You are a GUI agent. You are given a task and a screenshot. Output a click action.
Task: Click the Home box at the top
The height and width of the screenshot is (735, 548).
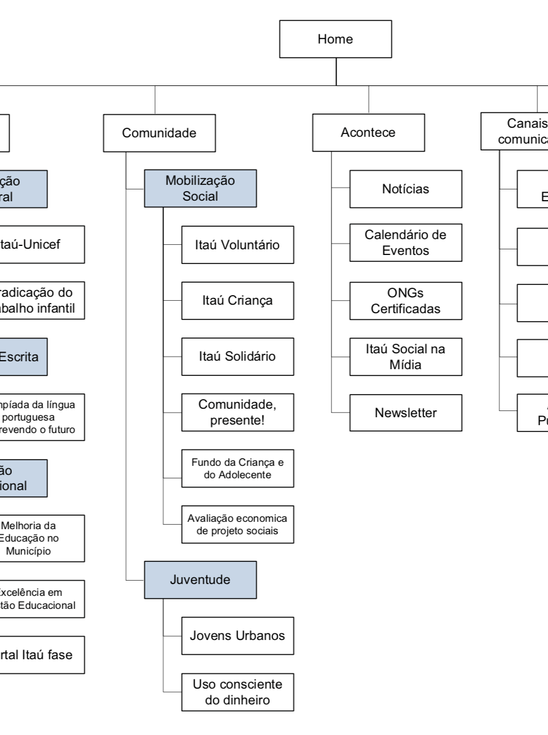click(x=335, y=39)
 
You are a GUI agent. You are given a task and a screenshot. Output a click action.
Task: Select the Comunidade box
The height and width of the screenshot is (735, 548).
click(x=159, y=133)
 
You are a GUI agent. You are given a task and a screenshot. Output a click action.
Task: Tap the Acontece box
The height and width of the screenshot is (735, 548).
click(x=368, y=132)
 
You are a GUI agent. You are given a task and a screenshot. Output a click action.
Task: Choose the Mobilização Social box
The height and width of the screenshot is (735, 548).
click(x=200, y=188)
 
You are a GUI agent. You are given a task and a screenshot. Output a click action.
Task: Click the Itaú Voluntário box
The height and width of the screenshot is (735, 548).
click(x=238, y=245)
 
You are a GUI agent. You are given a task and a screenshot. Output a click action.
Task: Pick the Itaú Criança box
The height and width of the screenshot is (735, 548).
click(x=238, y=301)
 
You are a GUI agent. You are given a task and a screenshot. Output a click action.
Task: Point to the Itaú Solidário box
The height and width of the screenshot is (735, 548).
click(x=238, y=356)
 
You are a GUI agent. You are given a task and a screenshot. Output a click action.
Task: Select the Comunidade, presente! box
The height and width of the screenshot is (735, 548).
click(x=238, y=412)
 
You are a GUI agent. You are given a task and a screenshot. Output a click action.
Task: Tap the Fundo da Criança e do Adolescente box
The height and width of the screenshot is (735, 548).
click(x=238, y=468)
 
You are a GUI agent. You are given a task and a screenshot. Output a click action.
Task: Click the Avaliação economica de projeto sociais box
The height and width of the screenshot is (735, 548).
click(x=238, y=524)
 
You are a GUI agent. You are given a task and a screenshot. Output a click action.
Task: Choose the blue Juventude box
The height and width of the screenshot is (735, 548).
click(x=200, y=580)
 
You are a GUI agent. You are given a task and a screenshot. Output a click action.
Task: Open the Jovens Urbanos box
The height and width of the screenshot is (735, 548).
click(x=238, y=635)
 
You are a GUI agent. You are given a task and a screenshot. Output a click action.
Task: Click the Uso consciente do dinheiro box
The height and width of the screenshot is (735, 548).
click(x=238, y=691)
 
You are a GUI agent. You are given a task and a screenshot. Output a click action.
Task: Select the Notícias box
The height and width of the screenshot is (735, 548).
click(x=405, y=189)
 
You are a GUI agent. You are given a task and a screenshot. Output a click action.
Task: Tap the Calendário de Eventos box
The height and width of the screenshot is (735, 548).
click(x=405, y=243)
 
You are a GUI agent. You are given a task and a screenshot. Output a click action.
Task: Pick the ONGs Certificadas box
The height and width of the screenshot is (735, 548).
click(x=405, y=301)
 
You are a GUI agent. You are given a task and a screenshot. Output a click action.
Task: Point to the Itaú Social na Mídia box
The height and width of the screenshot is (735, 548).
click(x=405, y=357)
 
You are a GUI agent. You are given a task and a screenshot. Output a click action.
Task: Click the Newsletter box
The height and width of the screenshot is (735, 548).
click(x=405, y=413)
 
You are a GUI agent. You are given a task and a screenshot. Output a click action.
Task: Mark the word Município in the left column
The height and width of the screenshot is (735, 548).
click(x=28, y=551)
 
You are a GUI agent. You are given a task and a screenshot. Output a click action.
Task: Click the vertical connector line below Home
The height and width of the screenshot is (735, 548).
click(x=336, y=72)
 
